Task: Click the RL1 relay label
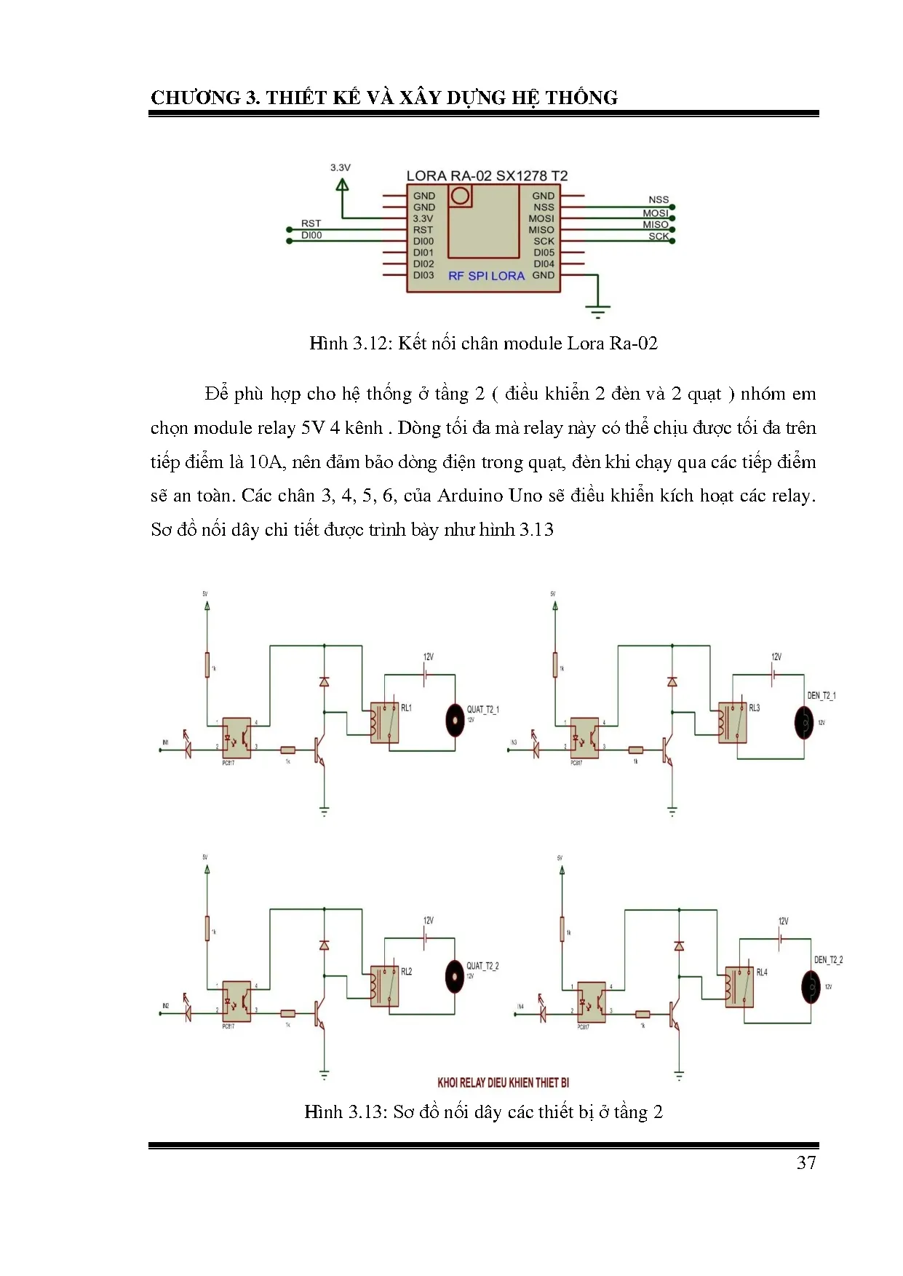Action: tap(406, 708)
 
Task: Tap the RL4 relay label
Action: tap(762, 972)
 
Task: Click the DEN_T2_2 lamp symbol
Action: tap(811, 986)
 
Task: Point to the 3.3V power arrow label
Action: tap(341, 167)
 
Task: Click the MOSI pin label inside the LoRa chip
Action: tap(541, 218)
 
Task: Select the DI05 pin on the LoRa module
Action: tap(544, 253)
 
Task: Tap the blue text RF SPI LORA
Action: tap(486, 276)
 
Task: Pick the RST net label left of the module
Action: tap(311, 223)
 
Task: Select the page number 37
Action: tap(806, 1162)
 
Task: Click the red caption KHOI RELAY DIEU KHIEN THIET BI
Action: tap(503, 1082)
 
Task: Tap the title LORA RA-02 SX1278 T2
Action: tap(487, 175)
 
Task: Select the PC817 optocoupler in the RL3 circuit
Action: tap(584, 737)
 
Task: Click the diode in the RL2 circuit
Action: tap(324, 945)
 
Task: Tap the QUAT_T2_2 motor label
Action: tap(482, 966)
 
